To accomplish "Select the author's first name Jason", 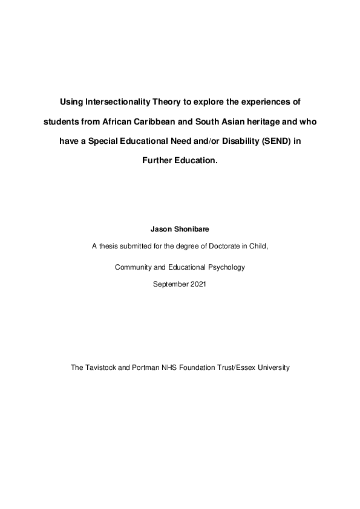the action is coord(160,230).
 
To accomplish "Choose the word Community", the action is coord(134,267).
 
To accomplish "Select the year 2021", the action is coord(198,284).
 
